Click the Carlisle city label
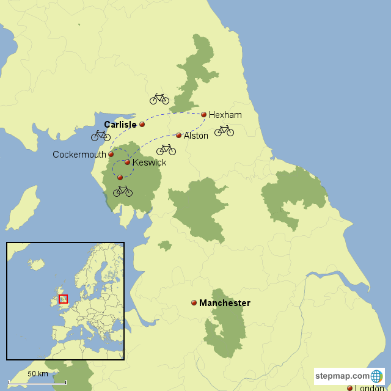pyautogui.click(x=120, y=124)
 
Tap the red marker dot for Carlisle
pyautogui.click(x=142, y=124)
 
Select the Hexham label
pyautogui.click(x=225, y=115)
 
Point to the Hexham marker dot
pyautogui.click(x=204, y=114)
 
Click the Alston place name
pyautogui.click(x=196, y=136)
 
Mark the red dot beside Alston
pyautogui.click(x=178, y=135)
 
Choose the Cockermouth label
pyautogui.click(x=79, y=155)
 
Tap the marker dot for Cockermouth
pyautogui.click(x=111, y=155)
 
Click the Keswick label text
pyautogui.click(x=149, y=163)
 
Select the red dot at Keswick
pyautogui.click(x=127, y=163)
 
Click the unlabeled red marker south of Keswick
pyautogui.click(x=120, y=177)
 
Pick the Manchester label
pyautogui.click(x=225, y=303)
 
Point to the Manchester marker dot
pyautogui.click(x=194, y=302)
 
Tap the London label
pyautogui.click(x=370, y=388)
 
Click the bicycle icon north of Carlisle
pyautogui.click(x=159, y=98)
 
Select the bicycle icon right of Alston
pyautogui.click(x=224, y=130)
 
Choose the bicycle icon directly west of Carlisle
pyautogui.click(x=101, y=135)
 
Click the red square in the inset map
pyautogui.click(x=63, y=299)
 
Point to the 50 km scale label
pyautogui.click(x=38, y=374)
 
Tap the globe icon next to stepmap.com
pyautogui.click(x=377, y=376)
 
